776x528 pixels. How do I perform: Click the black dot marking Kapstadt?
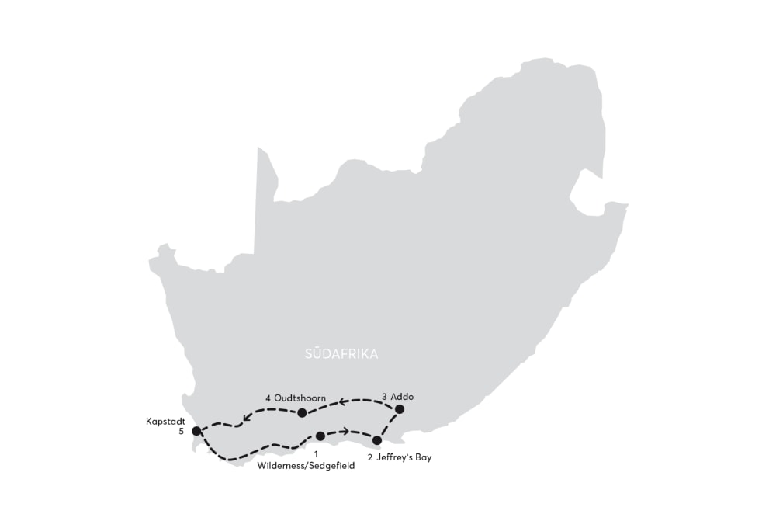tap(196, 430)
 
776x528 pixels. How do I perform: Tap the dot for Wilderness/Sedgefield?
tap(320, 436)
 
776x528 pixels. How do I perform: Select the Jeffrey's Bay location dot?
tap(377, 440)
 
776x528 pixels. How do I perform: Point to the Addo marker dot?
tap(400, 408)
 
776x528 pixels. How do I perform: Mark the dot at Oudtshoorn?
tap(302, 412)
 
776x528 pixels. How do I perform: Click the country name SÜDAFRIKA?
tap(341, 354)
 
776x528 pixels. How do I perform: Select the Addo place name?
tap(403, 397)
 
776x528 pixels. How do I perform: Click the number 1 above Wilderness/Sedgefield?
tap(316, 453)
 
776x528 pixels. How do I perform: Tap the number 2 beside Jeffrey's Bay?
tap(369, 457)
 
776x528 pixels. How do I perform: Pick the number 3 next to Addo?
tap(384, 397)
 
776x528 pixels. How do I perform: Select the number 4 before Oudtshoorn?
tap(268, 398)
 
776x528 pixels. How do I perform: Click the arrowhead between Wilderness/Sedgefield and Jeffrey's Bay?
tap(345, 430)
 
